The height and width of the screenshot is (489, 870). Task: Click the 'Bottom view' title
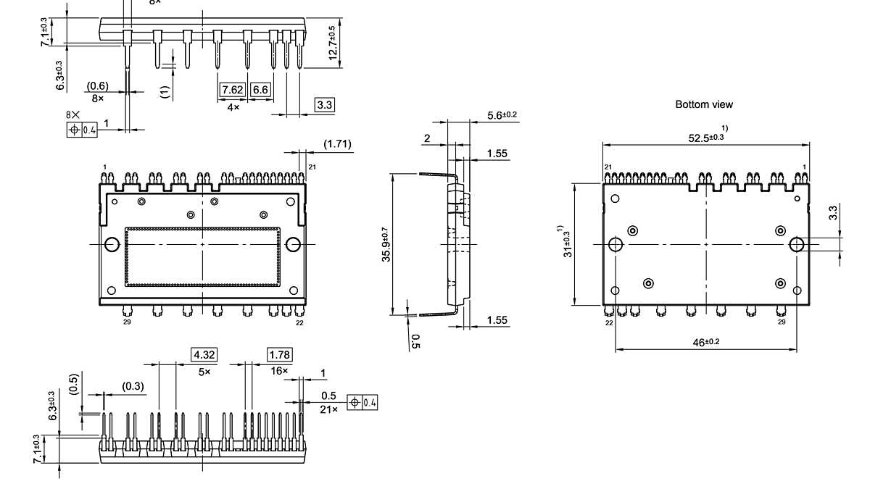[703, 104]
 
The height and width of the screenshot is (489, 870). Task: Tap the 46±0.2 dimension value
[703, 342]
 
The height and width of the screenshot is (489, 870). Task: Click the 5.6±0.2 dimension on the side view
[502, 115]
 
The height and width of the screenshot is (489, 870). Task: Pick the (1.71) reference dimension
[337, 144]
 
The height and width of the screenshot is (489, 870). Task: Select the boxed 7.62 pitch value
[233, 90]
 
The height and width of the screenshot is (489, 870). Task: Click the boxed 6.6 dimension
[260, 90]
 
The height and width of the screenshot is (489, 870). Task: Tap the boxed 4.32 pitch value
[204, 354]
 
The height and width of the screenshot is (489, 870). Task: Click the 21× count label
[329, 410]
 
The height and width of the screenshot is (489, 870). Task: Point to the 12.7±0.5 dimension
[333, 43]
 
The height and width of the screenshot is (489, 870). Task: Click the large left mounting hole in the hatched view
[111, 245]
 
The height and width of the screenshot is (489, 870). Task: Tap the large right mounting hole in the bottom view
[796, 244]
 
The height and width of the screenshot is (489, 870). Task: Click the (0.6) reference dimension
[97, 85]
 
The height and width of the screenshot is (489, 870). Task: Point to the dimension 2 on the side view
[427, 138]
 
